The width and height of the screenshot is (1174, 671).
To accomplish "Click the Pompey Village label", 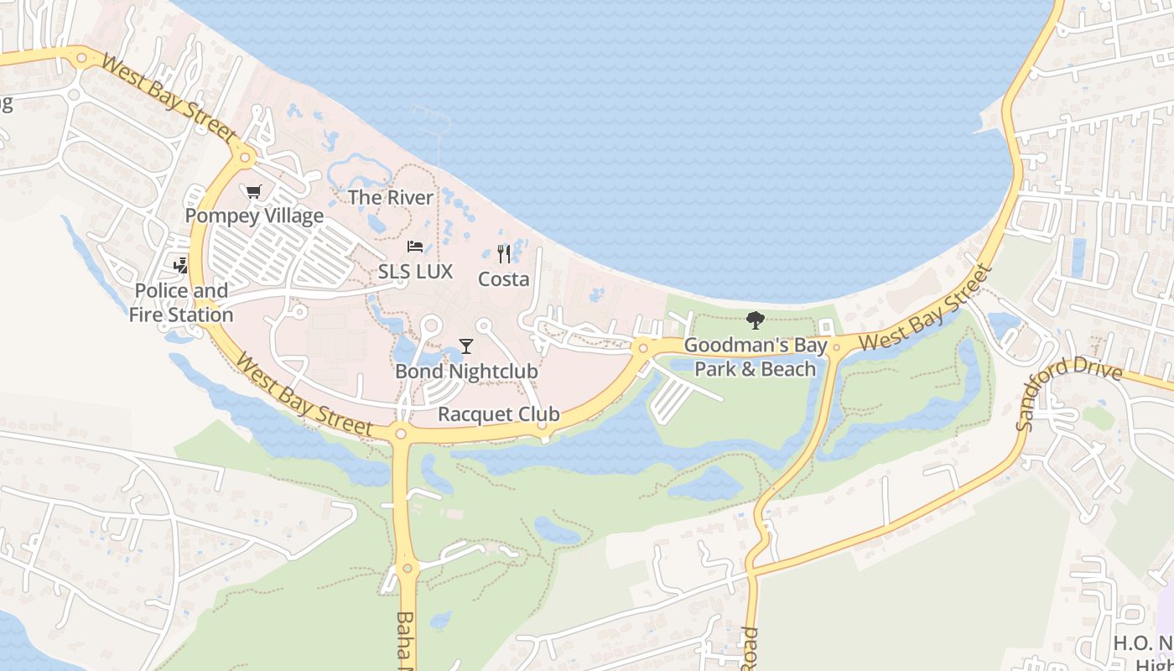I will point(254,216).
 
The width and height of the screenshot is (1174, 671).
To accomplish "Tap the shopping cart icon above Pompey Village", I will point(254,191).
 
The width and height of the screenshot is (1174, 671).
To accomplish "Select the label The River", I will point(391,197).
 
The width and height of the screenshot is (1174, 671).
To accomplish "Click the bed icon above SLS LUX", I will point(415,247).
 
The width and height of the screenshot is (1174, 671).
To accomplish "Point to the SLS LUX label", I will point(415,271).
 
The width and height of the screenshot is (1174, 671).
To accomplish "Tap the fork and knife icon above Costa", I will point(504,253).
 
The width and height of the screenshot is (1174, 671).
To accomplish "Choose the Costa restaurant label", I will point(504,278).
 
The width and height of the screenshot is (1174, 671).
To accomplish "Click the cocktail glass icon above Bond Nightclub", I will point(466,346).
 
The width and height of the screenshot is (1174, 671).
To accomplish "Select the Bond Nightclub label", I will point(466,370).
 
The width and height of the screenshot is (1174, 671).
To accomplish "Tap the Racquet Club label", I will point(499,414).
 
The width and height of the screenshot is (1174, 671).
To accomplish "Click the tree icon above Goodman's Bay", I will point(756,320).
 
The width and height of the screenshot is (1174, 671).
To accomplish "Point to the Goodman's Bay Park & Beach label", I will point(756,356).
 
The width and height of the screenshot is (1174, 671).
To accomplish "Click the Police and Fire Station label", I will point(181,302).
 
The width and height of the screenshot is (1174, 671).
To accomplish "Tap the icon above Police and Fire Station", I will point(181,266).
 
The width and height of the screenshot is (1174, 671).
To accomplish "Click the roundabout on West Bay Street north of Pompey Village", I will point(246,156).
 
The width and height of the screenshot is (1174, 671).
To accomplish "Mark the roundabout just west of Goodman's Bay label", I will point(643,347).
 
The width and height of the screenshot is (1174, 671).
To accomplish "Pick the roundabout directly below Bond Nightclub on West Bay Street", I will point(401,434).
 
